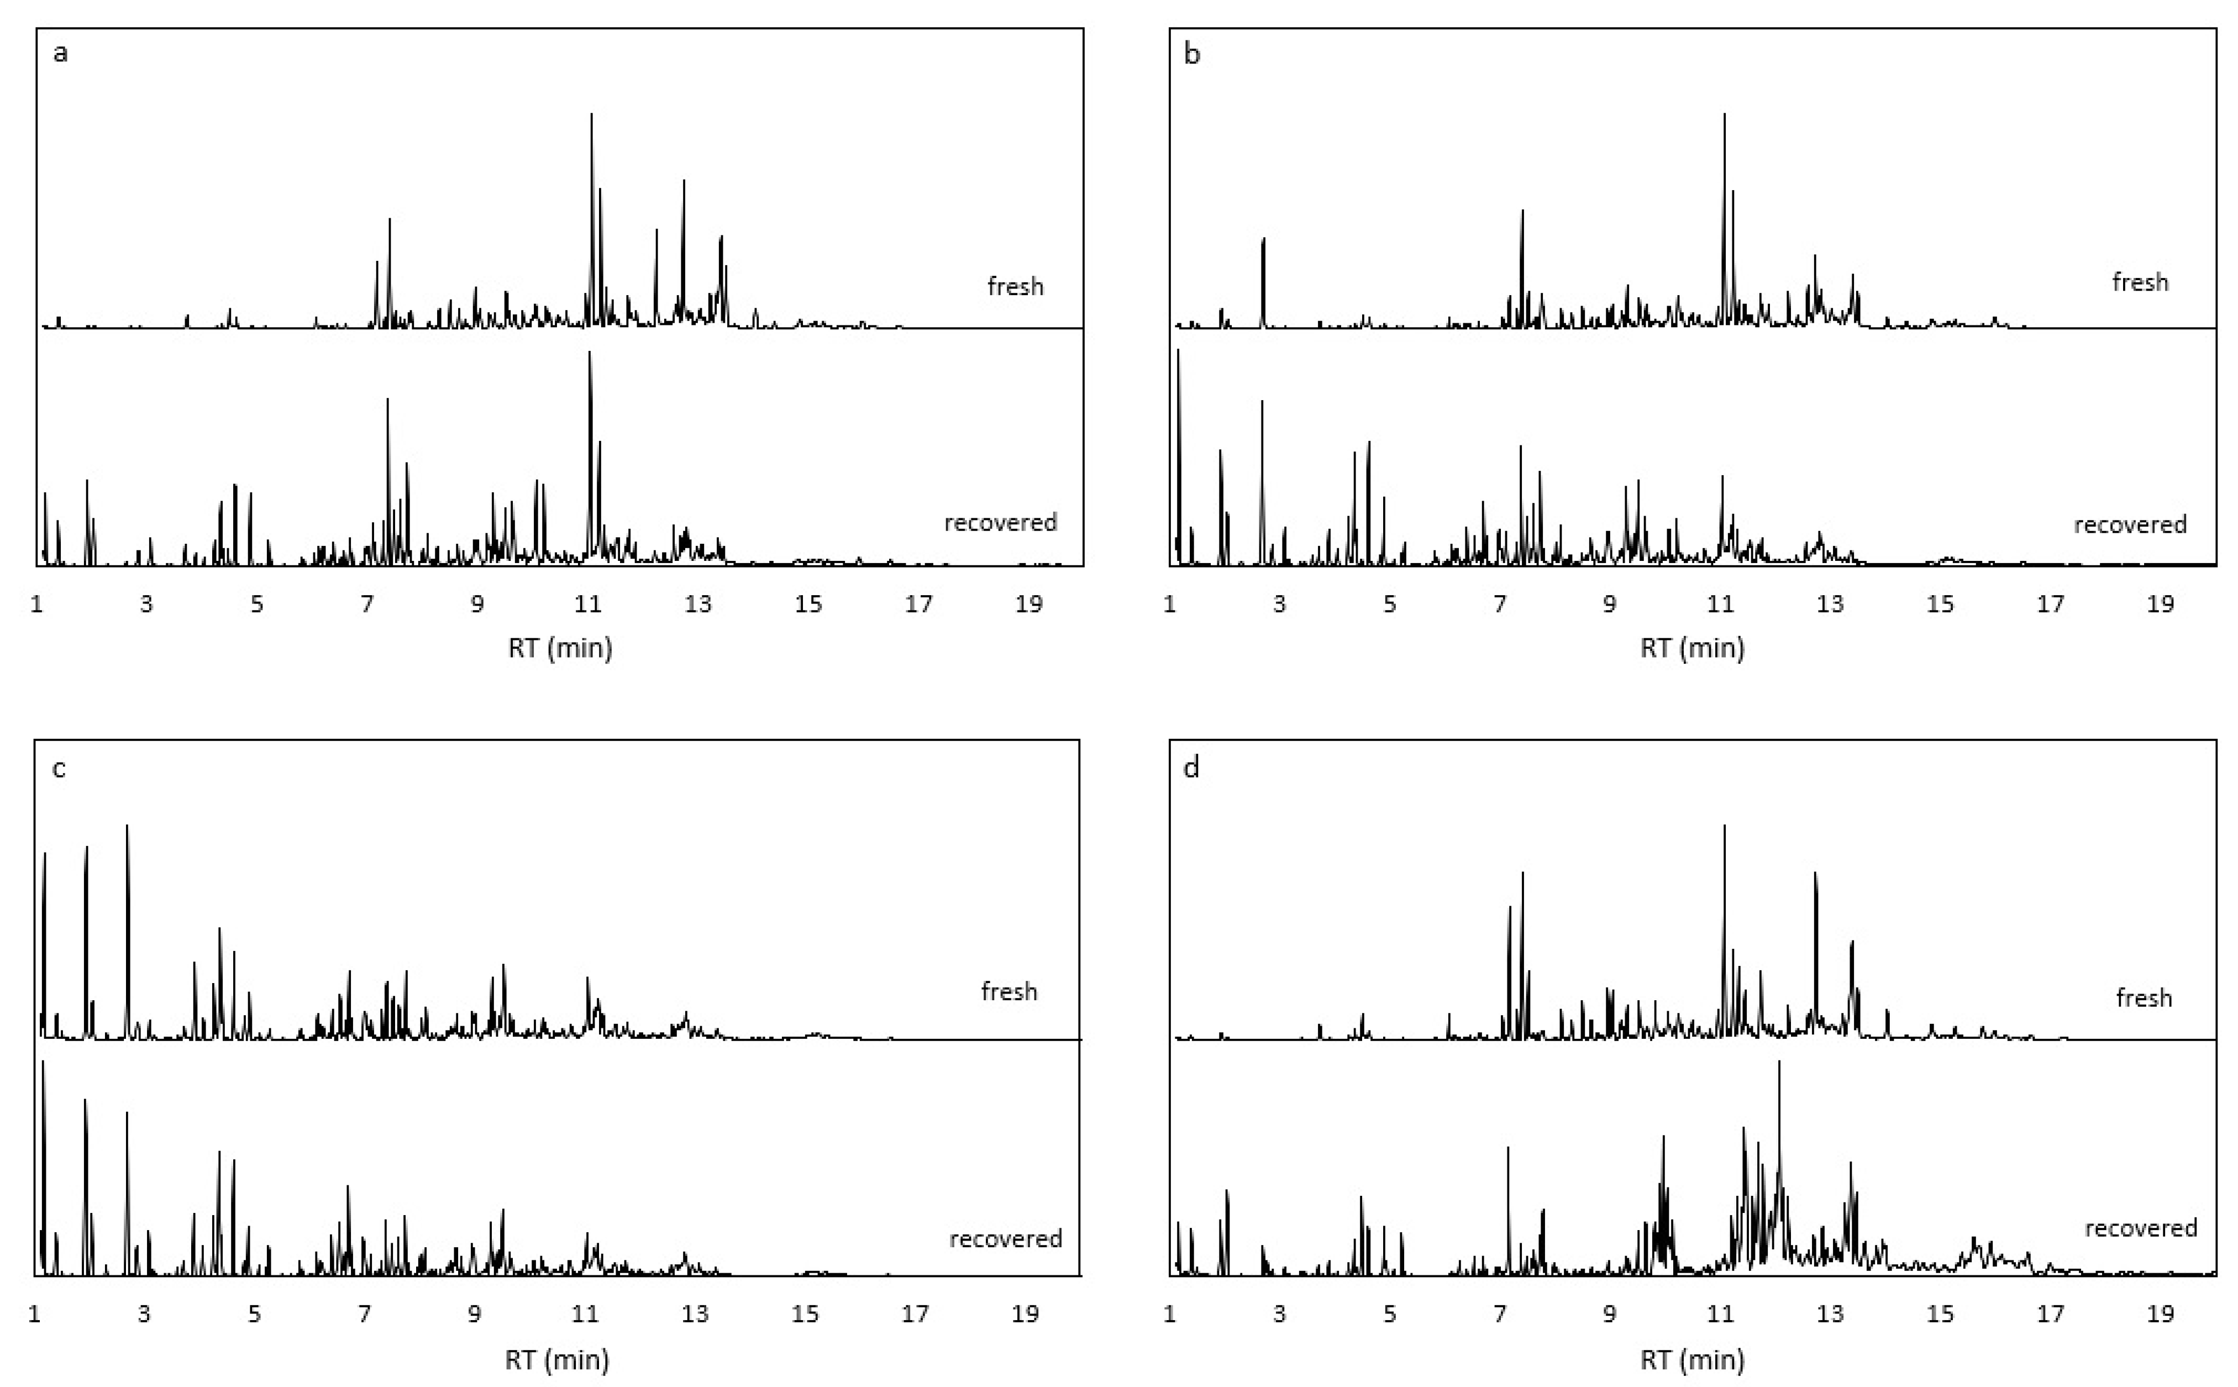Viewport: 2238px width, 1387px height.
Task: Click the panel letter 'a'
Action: [x=61, y=53]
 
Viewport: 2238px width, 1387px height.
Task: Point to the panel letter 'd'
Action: [x=1191, y=768]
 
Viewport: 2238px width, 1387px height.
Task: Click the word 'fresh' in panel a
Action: [x=1015, y=286]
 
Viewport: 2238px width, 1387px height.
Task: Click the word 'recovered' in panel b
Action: [x=2130, y=525]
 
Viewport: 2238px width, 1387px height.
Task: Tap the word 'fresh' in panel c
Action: [x=1009, y=992]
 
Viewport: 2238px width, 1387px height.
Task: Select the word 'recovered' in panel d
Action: [x=2141, y=1228]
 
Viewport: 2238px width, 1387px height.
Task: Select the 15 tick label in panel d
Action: [x=1940, y=1315]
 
